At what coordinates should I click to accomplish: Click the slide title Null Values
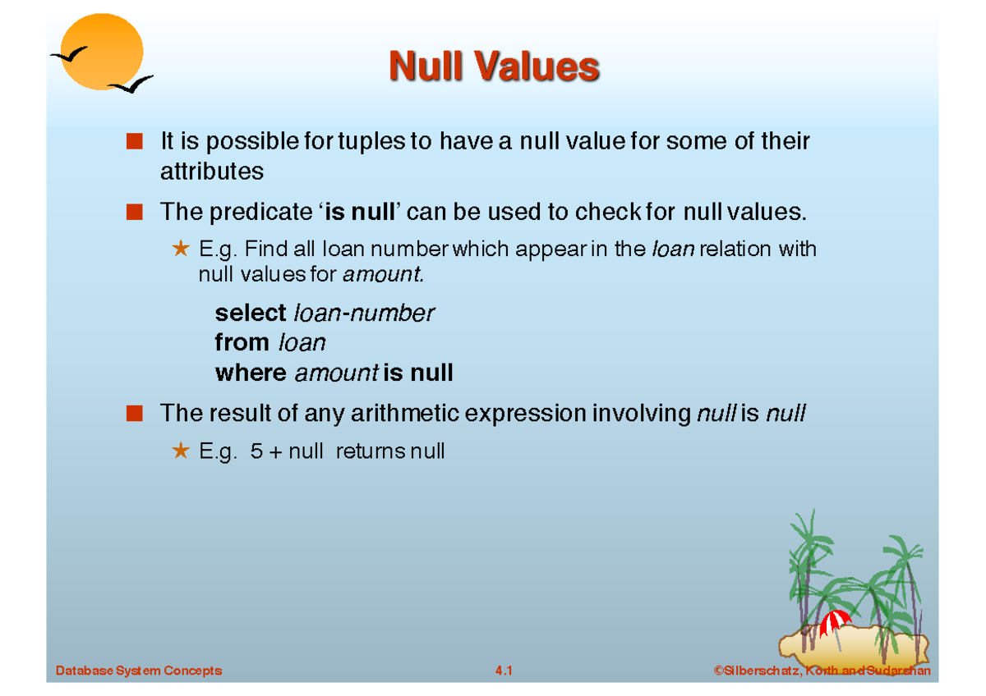click(494, 66)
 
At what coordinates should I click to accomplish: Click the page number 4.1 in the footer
click(504, 671)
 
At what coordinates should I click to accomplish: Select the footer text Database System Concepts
click(139, 671)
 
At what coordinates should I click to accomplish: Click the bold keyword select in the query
click(250, 313)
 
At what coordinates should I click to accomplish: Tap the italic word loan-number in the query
click(363, 313)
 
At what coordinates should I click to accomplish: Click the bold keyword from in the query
click(242, 342)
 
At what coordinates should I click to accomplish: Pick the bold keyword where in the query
click(250, 373)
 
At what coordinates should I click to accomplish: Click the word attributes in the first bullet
click(212, 172)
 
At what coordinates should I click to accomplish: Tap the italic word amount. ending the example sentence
click(384, 275)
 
